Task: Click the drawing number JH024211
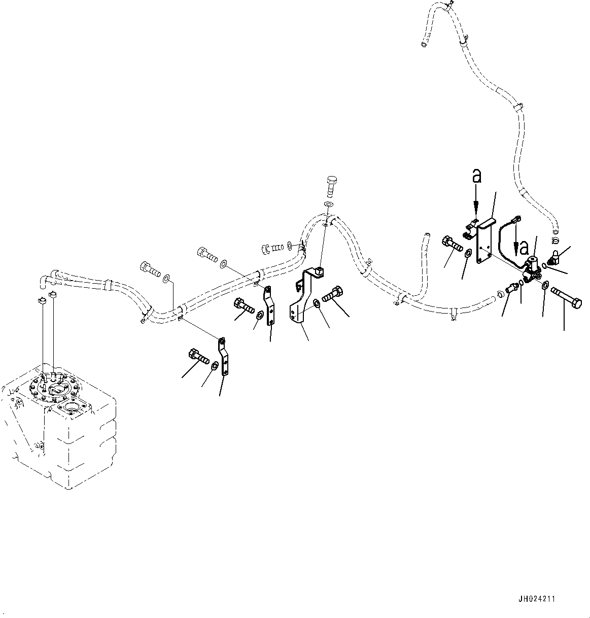(x=537, y=599)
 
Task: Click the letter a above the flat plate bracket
(x=477, y=176)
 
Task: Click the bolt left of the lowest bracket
(x=199, y=357)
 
